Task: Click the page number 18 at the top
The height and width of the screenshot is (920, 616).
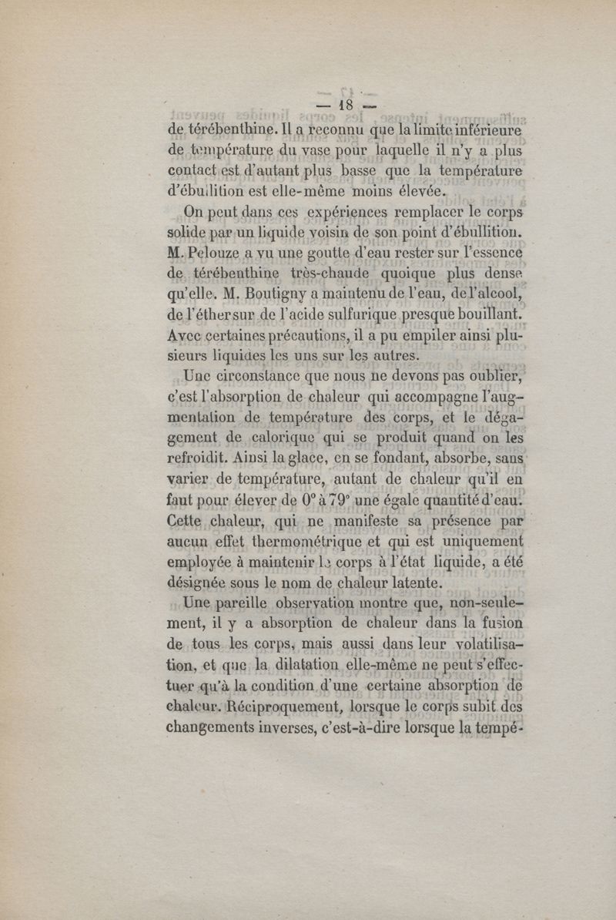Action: [343, 104]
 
